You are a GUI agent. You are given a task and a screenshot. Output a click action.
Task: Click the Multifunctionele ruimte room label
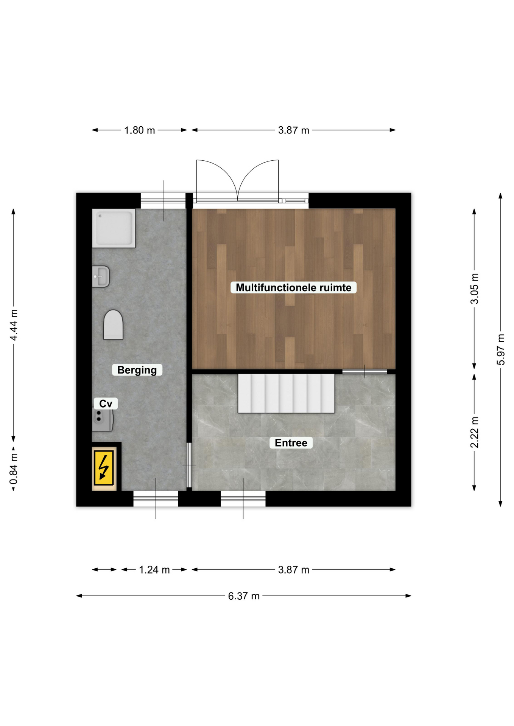pyautogui.click(x=293, y=287)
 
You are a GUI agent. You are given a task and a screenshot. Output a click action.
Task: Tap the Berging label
pyautogui.click(x=137, y=370)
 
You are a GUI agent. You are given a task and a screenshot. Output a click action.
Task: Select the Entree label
pyautogui.click(x=291, y=443)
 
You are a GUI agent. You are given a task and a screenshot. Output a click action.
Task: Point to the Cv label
pyautogui.click(x=106, y=404)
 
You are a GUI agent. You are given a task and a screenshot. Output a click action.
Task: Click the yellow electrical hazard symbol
pyautogui.click(x=103, y=468)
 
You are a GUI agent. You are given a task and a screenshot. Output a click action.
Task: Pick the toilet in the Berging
pyautogui.click(x=113, y=325)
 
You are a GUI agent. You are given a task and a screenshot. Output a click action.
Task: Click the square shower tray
pyautogui.click(x=114, y=228)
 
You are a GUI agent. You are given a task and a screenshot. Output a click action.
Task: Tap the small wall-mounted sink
pyautogui.click(x=101, y=276)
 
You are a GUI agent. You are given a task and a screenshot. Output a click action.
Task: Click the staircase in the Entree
pyautogui.click(x=286, y=393)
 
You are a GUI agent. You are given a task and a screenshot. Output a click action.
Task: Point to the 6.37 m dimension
pyautogui.click(x=244, y=596)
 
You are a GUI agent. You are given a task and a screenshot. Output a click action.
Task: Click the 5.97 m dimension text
pyautogui.click(x=501, y=349)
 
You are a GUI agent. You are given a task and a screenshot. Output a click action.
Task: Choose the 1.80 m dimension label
pyautogui.click(x=140, y=130)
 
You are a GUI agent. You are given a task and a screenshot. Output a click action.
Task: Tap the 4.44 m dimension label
pyautogui.click(x=14, y=325)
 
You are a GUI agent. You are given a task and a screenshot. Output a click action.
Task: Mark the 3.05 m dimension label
pyautogui.click(x=474, y=289)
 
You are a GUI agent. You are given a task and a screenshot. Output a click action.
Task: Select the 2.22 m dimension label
pyautogui.click(x=474, y=432)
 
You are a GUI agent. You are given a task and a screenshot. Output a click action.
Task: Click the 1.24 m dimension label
pyautogui.click(x=154, y=569)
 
